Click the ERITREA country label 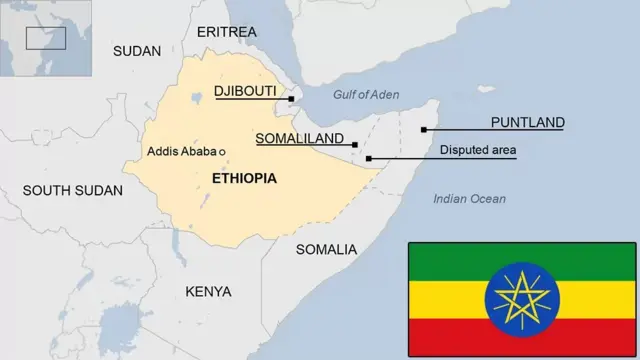(x=226, y=32)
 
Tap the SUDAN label (x=136, y=51)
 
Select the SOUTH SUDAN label (x=73, y=190)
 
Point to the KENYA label (x=208, y=292)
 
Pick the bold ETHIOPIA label (x=244, y=178)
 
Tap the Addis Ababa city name (x=181, y=151)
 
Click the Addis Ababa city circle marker (x=222, y=151)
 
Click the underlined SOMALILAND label (x=300, y=139)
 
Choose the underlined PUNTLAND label (x=527, y=123)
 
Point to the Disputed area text (x=478, y=150)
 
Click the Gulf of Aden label (x=366, y=95)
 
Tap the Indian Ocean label (x=469, y=199)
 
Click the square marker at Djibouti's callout (x=291, y=99)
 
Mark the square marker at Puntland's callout (x=424, y=129)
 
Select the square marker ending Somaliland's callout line (x=355, y=145)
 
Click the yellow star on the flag (x=522, y=299)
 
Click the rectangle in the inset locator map (x=45, y=38)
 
